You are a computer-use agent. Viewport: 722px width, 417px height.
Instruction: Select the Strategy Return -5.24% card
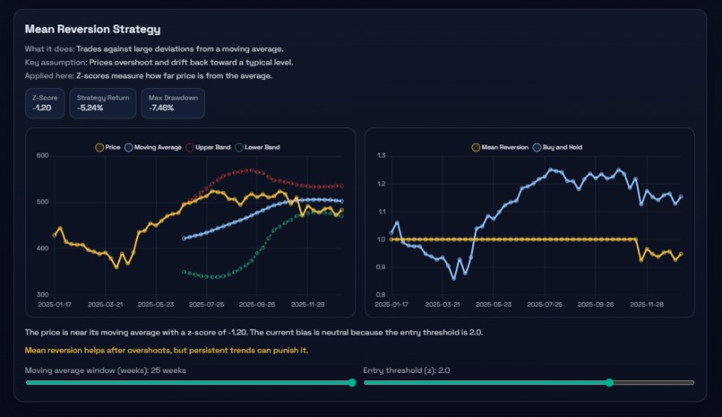(x=102, y=103)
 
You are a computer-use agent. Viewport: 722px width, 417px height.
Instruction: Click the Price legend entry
(x=107, y=146)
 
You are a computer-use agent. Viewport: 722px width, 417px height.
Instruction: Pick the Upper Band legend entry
(x=210, y=146)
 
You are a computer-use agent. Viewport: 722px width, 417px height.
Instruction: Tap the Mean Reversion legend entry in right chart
(x=500, y=146)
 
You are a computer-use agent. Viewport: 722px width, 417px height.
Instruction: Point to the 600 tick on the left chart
(x=41, y=156)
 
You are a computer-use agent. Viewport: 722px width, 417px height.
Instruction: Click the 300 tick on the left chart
(x=41, y=294)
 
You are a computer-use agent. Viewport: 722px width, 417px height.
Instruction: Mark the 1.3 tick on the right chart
(x=381, y=156)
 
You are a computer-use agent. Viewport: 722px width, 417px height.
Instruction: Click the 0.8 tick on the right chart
(x=381, y=294)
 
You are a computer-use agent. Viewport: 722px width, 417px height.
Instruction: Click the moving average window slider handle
(x=351, y=382)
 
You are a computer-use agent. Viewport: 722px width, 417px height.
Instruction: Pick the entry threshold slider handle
(x=609, y=382)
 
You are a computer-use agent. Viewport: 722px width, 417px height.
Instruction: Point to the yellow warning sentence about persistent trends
(x=167, y=350)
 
